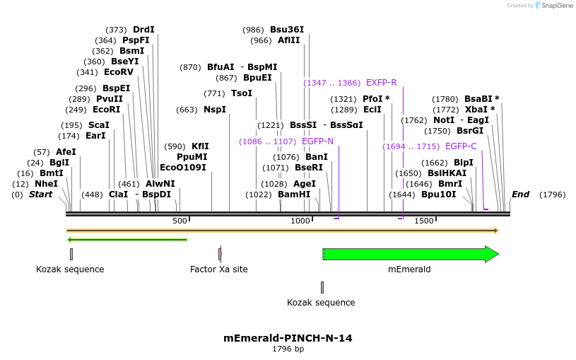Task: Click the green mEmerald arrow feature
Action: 410,254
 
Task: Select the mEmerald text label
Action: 409,269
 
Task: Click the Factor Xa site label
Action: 219,269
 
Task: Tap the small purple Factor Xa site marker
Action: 220,254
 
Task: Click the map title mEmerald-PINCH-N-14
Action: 288,338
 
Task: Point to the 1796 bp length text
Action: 288,349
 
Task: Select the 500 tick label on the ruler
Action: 180,221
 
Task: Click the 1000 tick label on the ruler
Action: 300,221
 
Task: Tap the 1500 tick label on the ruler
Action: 423,221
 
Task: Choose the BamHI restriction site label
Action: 294,194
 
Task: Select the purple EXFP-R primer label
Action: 381,83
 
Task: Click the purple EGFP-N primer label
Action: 317,141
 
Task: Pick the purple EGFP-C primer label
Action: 461,146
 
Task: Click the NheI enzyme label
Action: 46,184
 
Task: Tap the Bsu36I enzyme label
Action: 287,30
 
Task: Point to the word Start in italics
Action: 40,194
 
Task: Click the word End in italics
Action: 520,194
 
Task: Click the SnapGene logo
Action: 554,6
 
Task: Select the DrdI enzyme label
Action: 143,30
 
